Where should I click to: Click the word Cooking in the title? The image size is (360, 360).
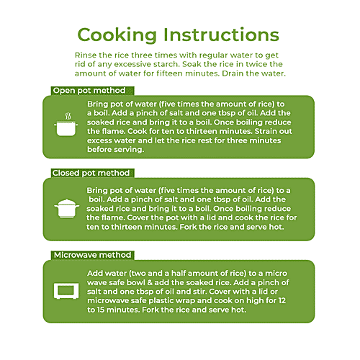click(x=117, y=35)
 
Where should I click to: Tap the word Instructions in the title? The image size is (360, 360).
click(x=221, y=35)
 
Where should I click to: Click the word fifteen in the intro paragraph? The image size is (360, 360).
click(x=169, y=73)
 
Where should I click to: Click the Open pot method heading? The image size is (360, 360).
click(x=89, y=91)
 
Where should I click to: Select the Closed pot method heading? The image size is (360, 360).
click(x=91, y=173)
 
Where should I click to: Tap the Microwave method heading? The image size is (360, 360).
click(x=92, y=255)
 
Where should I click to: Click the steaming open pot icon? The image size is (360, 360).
click(x=66, y=125)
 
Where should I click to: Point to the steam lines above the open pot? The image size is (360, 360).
click(x=68, y=116)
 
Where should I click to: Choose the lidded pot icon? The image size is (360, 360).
click(x=67, y=208)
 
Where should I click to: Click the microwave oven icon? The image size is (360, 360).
click(x=66, y=291)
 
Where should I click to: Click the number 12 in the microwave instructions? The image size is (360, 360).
click(x=282, y=300)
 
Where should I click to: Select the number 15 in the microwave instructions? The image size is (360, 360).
click(x=101, y=310)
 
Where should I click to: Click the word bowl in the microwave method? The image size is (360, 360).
click(x=136, y=282)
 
